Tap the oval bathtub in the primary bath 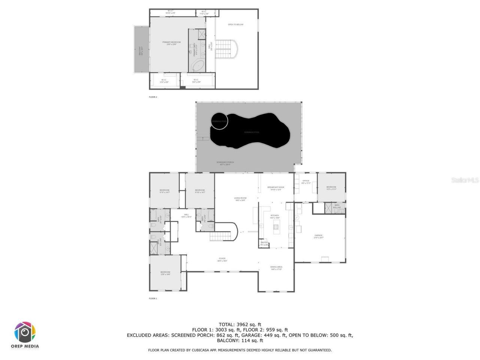197,66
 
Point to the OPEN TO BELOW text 235,25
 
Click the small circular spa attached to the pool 219,121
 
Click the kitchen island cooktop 276,226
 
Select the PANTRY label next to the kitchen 264,243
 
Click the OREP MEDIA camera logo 25,332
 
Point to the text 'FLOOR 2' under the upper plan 153,97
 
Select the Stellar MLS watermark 465,180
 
